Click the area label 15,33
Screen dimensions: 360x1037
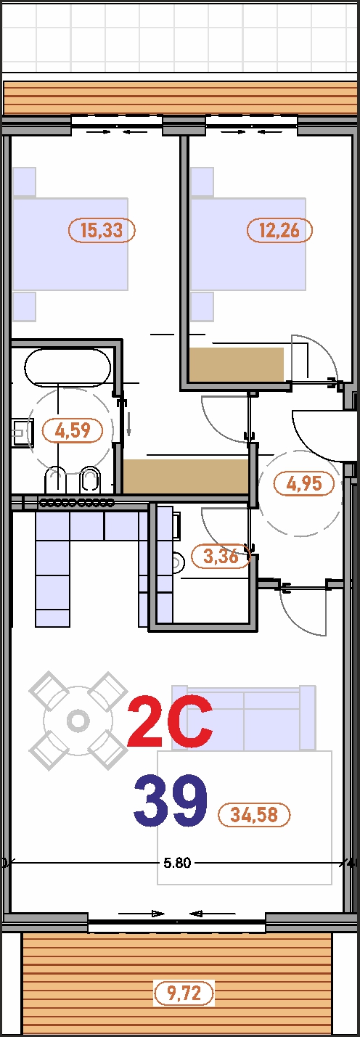(x=102, y=230)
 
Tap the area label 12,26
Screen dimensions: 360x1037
(x=280, y=230)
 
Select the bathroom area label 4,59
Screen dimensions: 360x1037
(x=73, y=430)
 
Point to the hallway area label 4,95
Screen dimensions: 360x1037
(x=304, y=484)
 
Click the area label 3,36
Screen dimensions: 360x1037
(x=221, y=556)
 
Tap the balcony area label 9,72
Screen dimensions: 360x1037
(x=184, y=993)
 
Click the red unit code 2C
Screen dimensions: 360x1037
(x=170, y=722)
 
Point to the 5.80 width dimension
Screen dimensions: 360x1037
(x=177, y=864)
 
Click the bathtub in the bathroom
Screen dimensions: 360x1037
(x=67, y=368)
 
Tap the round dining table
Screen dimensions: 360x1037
(x=78, y=721)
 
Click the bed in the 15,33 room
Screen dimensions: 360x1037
(x=70, y=244)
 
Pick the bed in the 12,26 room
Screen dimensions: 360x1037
(x=248, y=244)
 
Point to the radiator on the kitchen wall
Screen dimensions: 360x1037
(x=77, y=502)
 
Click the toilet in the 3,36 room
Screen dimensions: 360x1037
(x=177, y=562)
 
